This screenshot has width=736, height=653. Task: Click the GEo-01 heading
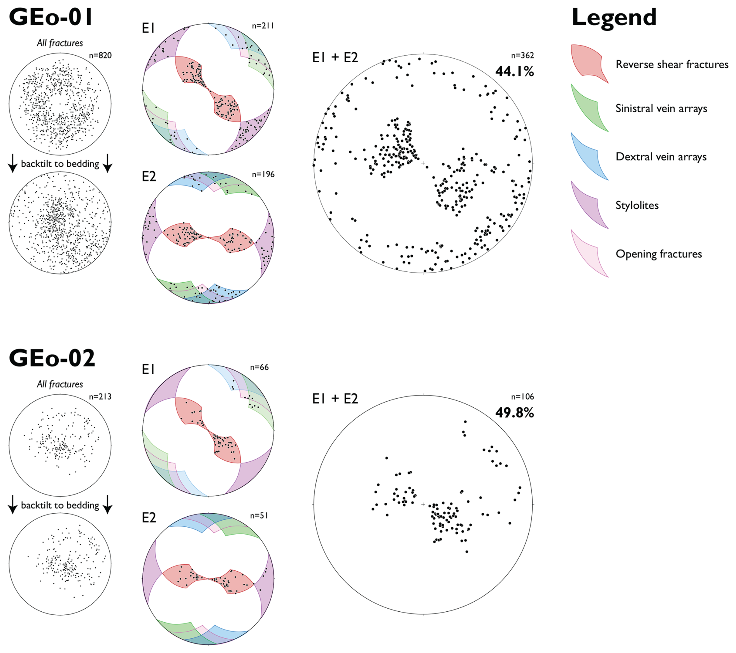(51, 17)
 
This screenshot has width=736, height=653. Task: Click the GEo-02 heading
(52, 358)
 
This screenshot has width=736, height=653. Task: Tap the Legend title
(614, 18)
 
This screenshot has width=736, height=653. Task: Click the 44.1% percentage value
(514, 72)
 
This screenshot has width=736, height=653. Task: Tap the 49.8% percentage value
(514, 413)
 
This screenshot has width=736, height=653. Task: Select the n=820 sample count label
(100, 56)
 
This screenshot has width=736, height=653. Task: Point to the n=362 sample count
(522, 56)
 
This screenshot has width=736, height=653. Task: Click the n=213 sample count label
(100, 397)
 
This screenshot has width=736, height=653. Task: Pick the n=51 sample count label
(259, 516)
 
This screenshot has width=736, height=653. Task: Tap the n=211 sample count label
(263, 26)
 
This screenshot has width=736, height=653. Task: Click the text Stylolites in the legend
(637, 206)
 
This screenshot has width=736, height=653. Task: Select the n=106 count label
(522, 397)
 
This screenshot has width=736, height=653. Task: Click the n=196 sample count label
(263, 174)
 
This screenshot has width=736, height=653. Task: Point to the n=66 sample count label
(259, 367)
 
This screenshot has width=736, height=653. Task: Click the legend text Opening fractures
(659, 254)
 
